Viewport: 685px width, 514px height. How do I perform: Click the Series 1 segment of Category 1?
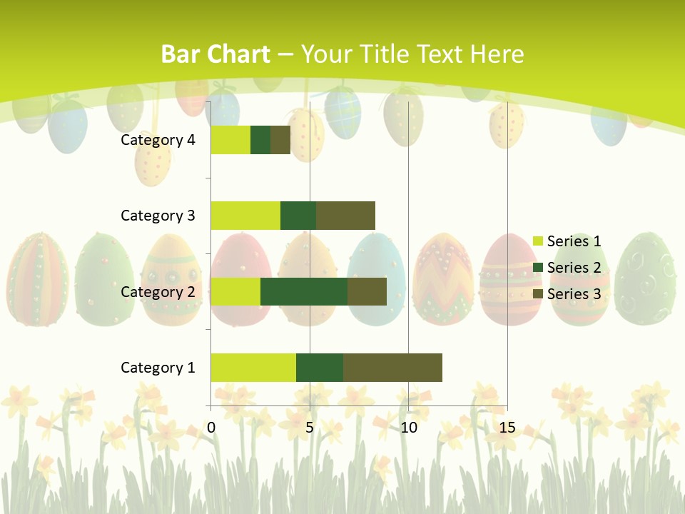point(253,367)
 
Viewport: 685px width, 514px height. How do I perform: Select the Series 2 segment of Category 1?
point(320,367)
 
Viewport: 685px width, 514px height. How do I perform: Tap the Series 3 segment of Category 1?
point(392,367)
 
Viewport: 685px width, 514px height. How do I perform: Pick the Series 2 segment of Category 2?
point(304,291)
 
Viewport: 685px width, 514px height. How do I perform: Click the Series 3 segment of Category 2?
point(367,291)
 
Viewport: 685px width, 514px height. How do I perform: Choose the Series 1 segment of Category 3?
point(245,216)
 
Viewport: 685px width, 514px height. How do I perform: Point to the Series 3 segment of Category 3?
point(345,216)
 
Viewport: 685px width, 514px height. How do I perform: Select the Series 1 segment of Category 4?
point(230,140)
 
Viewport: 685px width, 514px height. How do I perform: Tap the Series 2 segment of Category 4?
point(260,140)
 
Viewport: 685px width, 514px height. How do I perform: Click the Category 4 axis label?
point(158,140)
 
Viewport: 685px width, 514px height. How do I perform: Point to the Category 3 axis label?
point(158,216)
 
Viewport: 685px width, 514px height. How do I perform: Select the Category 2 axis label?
point(158,291)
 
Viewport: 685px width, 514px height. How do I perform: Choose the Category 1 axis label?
point(158,368)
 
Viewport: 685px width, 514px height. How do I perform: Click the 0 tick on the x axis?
point(211,428)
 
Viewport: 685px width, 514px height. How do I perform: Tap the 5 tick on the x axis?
point(310,428)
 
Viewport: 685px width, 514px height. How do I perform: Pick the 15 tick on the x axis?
point(507,428)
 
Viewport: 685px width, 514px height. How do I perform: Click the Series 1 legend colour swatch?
point(538,241)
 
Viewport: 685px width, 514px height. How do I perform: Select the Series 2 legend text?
point(574,268)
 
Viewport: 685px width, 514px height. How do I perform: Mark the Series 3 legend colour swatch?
point(538,294)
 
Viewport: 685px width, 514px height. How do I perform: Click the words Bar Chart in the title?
point(215,54)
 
